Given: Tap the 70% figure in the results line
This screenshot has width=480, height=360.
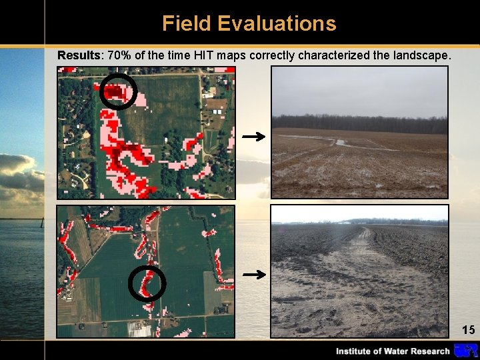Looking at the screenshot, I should (x=119, y=55).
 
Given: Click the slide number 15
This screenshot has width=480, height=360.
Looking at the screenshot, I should (x=468, y=329).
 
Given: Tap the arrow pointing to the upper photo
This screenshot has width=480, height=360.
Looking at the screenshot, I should (x=253, y=137).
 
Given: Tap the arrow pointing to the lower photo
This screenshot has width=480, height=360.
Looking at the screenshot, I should (x=253, y=274).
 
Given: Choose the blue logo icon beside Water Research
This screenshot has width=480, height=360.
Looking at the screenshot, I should (x=465, y=350).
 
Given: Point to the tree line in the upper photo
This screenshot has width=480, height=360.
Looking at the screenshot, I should (x=360, y=124).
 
